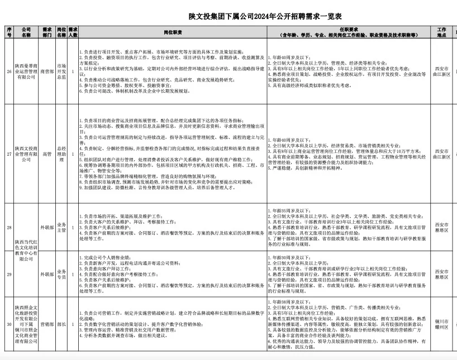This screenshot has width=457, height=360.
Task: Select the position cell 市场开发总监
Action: pyautogui.click(x=61, y=71)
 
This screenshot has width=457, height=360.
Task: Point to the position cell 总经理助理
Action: pyautogui.click(x=61, y=152)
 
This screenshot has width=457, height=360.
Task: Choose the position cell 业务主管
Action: pyautogui.click(x=61, y=228)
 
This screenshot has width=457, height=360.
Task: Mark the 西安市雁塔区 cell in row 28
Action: pyautogui.click(x=441, y=228)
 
